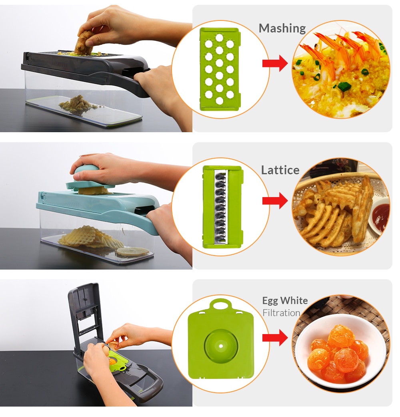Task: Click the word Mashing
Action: [x=282, y=28]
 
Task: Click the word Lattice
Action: [x=280, y=170]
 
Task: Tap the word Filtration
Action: [x=281, y=313]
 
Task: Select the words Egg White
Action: [x=285, y=300]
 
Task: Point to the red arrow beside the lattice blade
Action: [x=275, y=200]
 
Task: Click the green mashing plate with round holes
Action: [x=219, y=69]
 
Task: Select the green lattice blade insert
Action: [x=222, y=206]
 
